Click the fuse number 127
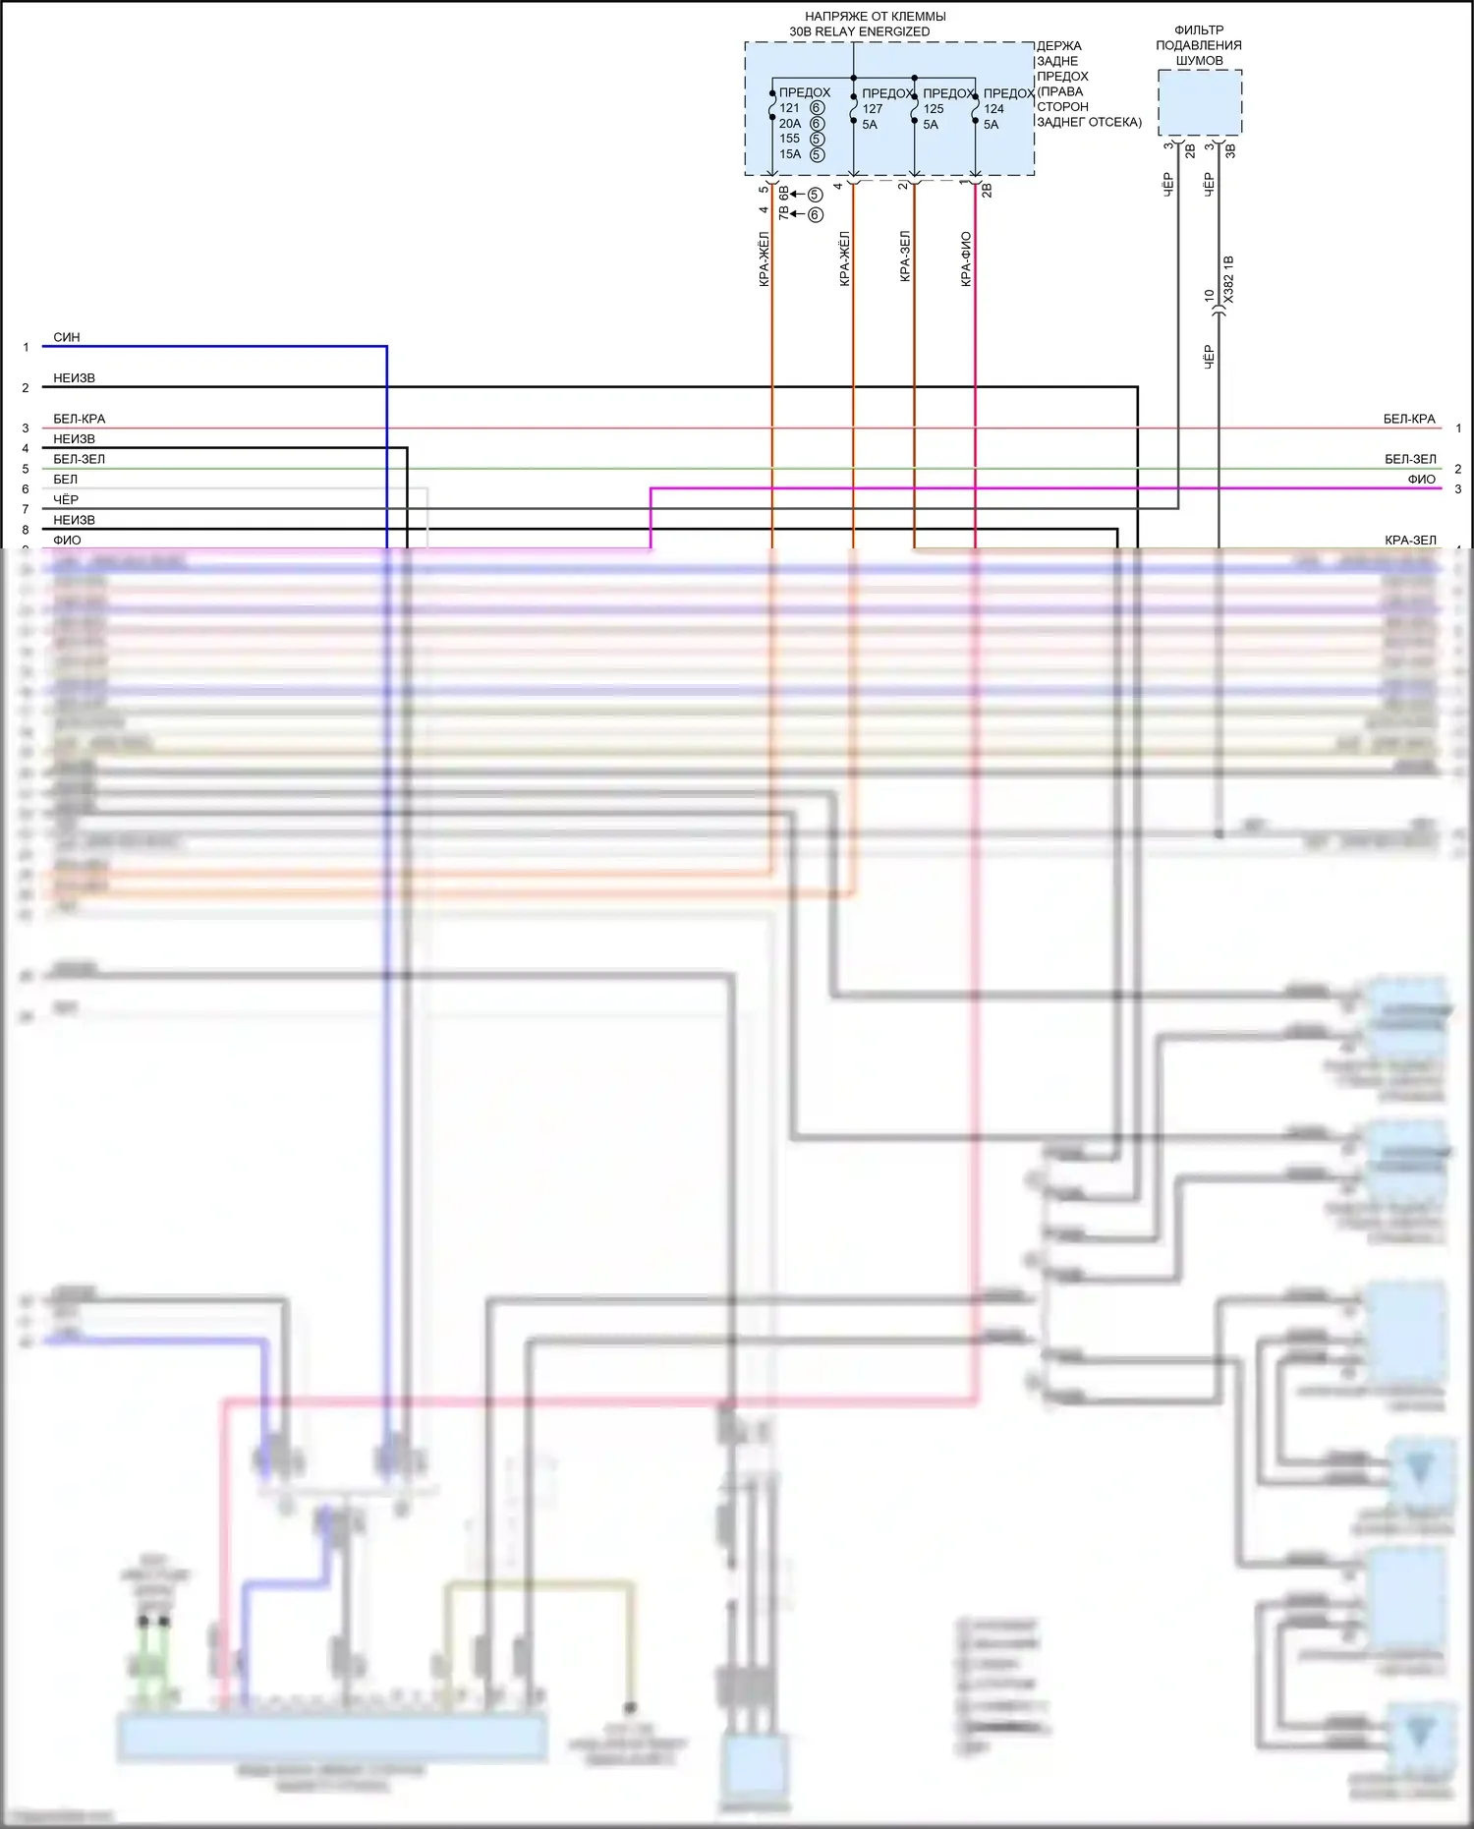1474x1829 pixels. (x=873, y=109)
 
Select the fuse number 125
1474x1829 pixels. (x=934, y=109)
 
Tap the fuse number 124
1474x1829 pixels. (x=993, y=109)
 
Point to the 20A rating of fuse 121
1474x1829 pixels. (x=790, y=124)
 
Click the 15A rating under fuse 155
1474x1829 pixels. (x=790, y=154)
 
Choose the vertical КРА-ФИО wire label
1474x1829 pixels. (x=966, y=258)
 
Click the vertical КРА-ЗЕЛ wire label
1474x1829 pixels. (x=905, y=257)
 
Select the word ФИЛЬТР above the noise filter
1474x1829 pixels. (x=1199, y=30)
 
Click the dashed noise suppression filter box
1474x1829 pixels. (x=1200, y=102)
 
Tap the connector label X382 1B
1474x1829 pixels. (x=1228, y=278)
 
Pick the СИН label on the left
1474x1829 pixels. (x=67, y=337)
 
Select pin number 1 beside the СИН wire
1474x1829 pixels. (x=26, y=347)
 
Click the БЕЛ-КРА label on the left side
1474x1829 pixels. (x=79, y=419)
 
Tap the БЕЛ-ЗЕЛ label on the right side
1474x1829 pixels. (x=1410, y=459)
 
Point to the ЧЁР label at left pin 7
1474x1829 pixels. (x=66, y=500)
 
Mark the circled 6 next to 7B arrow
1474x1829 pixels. (x=816, y=214)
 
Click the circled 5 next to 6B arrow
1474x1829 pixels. (x=815, y=195)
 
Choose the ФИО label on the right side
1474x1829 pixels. (x=1421, y=480)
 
